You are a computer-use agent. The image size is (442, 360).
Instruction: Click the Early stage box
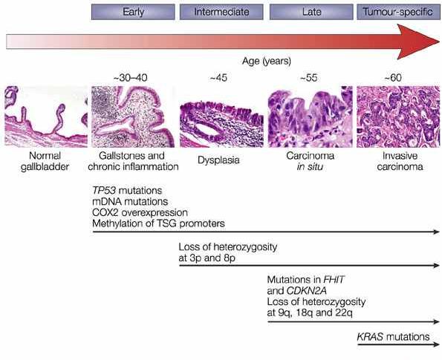(133, 12)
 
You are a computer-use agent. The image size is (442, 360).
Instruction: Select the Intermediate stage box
(221, 12)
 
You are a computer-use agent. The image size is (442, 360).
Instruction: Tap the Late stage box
(311, 12)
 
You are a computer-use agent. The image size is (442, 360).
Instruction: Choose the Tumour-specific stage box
(398, 12)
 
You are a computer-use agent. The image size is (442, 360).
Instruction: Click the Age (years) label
(267, 61)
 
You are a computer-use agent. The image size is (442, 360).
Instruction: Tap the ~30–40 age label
(130, 77)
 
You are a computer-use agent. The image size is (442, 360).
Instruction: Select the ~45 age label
(218, 77)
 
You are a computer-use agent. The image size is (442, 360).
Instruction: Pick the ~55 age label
(309, 77)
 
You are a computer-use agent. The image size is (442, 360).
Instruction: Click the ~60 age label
(393, 77)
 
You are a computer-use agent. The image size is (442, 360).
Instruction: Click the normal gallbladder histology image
(46, 117)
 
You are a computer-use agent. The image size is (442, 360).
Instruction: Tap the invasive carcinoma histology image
(398, 117)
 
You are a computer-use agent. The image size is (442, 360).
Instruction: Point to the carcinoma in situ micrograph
(311, 117)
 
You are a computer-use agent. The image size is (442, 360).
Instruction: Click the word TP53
(104, 191)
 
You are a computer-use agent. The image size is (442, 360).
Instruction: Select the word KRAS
(370, 337)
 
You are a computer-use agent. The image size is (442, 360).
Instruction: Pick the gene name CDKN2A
(306, 291)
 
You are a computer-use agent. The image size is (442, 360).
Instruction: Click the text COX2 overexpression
(140, 212)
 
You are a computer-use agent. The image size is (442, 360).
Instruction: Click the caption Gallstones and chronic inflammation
(133, 161)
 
